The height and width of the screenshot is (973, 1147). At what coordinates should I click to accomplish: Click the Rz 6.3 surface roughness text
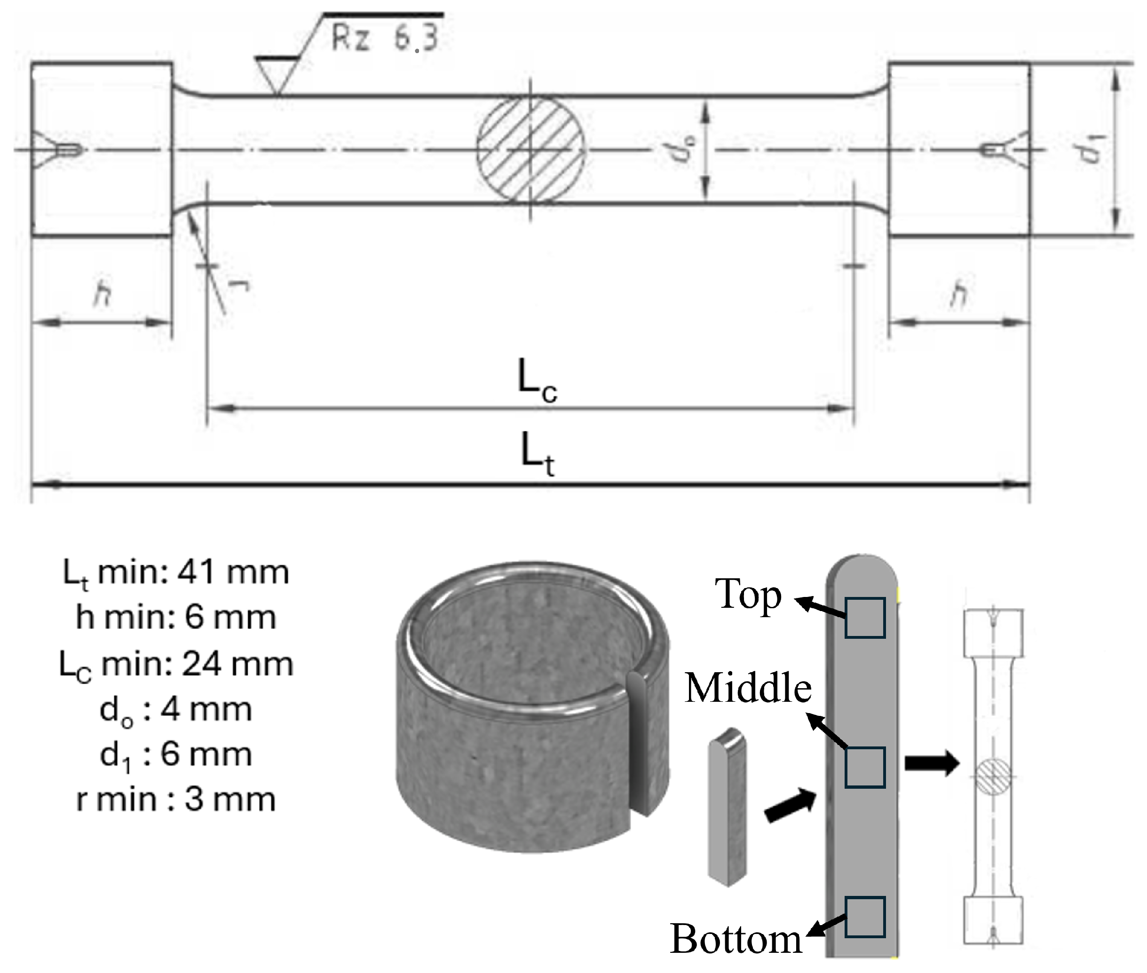click(385, 38)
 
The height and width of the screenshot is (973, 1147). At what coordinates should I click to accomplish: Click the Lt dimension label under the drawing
click(537, 454)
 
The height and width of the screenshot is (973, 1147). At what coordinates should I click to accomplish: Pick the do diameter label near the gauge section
click(684, 149)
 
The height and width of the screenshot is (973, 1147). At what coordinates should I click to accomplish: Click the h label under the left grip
click(102, 293)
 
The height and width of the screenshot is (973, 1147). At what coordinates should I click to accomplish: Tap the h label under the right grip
click(959, 293)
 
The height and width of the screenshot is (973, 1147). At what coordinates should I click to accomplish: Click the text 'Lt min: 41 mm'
click(175, 573)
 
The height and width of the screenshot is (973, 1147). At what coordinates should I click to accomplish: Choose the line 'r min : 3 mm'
click(175, 799)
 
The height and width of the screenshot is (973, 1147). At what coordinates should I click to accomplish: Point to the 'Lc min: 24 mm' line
click(175, 664)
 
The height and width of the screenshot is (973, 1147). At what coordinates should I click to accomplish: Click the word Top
click(748, 594)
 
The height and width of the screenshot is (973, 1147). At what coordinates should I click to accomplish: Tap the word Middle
click(748, 688)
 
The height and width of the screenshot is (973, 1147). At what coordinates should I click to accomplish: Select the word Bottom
click(736, 939)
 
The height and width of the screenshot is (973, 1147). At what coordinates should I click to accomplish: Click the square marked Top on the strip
click(864, 618)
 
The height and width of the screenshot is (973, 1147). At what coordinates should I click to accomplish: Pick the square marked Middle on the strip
click(864, 767)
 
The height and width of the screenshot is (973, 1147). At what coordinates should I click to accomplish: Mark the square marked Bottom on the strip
click(864, 917)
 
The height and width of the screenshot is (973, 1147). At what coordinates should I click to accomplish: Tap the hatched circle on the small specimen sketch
click(993, 776)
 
